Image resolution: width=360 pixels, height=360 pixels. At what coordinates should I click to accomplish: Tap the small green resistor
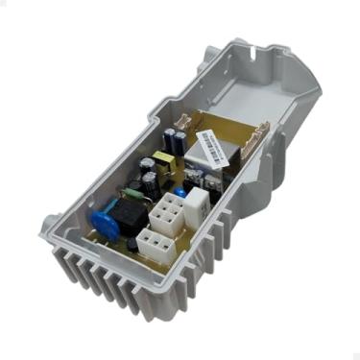[153, 189]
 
